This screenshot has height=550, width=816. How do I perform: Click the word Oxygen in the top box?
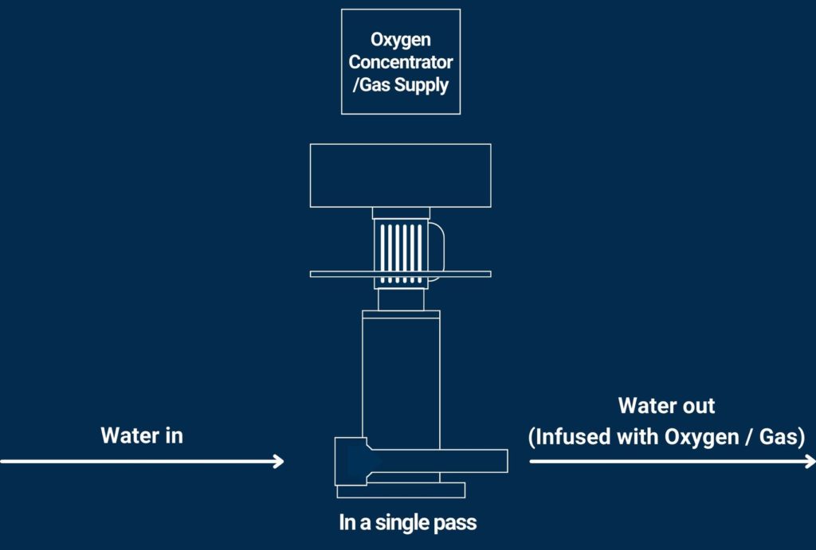(x=400, y=40)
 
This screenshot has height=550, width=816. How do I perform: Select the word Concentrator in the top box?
(x=400, y=62)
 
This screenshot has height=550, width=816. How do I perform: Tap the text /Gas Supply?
(x=400, y=84)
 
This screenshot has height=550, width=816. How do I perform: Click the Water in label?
(x=142, y=435)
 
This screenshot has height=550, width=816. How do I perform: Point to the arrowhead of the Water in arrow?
(x=279, y=461)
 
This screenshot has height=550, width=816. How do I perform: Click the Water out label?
(x=666, y=405)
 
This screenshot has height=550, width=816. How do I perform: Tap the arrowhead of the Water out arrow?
(x=810, y=461)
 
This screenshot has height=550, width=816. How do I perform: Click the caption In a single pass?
(x=407, y=523)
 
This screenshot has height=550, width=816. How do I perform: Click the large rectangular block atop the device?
(x=400, y=175)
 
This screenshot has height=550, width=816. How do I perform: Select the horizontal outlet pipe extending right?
(x=470, y=460)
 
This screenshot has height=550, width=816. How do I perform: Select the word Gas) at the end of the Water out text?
(x=781, y=437)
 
